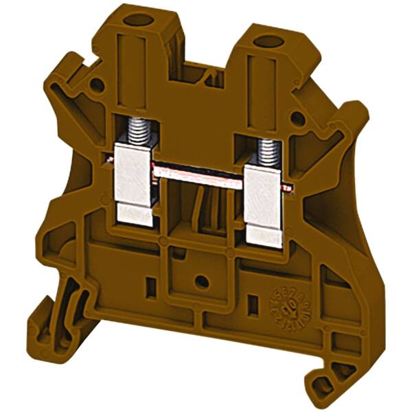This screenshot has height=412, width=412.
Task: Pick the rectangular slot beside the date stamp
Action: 253,301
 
